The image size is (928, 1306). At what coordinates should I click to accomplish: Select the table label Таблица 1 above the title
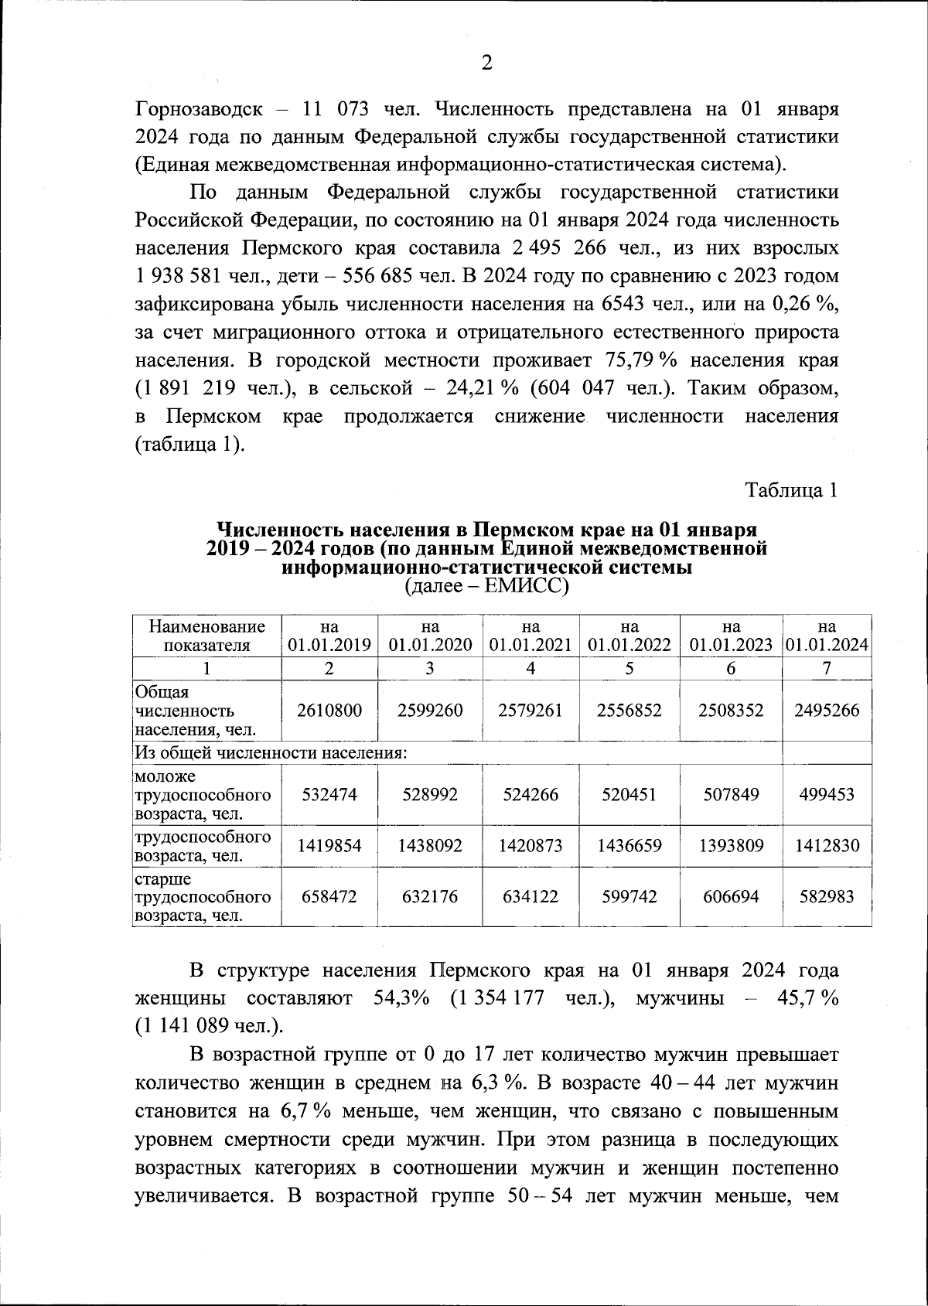[791, 489]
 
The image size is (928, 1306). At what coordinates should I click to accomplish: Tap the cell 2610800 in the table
[329, 710]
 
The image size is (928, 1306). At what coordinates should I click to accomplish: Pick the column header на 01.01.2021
[531, 636]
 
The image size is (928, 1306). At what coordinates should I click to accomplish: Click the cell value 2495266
[827, 710]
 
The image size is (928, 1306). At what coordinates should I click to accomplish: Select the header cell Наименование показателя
[207, 636]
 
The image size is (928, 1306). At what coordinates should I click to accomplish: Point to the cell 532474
[329, 794]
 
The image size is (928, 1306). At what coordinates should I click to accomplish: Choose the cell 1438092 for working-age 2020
[430, 846]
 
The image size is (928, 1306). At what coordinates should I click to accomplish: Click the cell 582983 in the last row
[827, 896]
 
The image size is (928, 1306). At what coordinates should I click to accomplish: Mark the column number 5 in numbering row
[629, 669]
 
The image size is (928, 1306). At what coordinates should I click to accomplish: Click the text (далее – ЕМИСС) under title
[486, 587]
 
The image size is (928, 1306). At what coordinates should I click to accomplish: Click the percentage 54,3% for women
[401, 997]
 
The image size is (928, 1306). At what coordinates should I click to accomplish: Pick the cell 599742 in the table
[629, 896]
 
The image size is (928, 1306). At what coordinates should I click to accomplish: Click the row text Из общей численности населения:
[271, 752]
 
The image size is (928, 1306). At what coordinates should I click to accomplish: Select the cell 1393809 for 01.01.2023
[731, 846]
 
